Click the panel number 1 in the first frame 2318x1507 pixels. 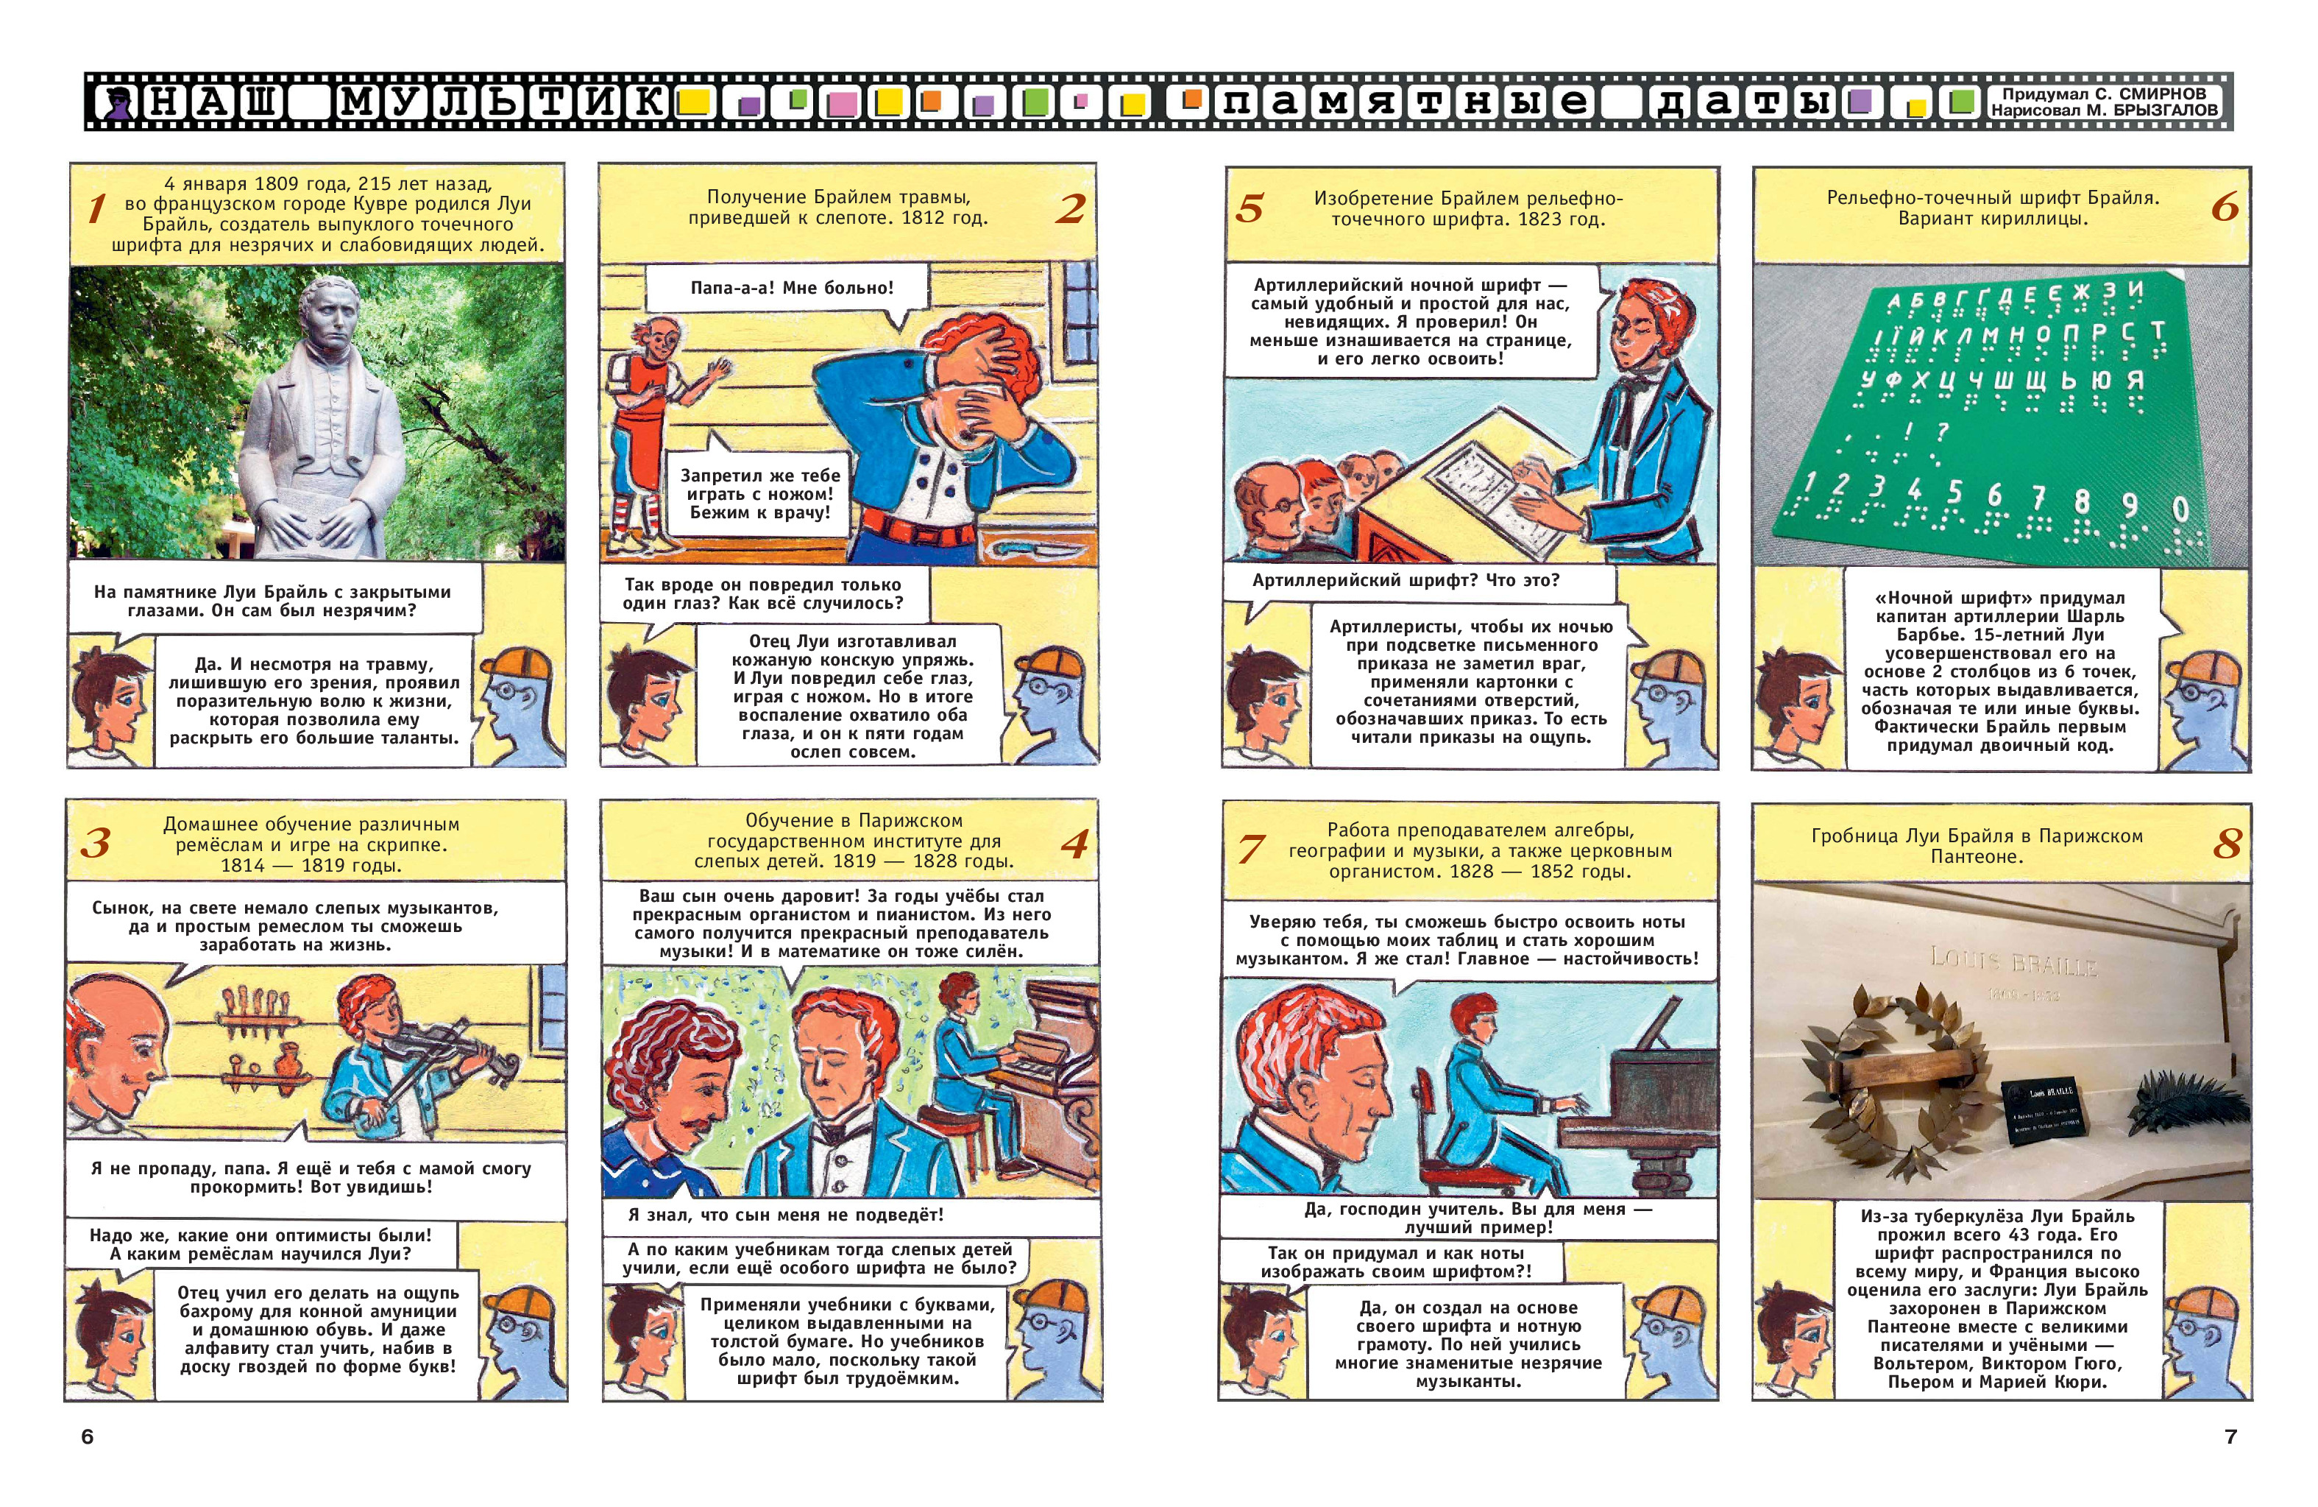96,208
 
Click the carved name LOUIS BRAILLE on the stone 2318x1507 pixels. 2014,962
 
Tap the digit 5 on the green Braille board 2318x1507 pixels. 1954,491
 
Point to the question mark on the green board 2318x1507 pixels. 1942,431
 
